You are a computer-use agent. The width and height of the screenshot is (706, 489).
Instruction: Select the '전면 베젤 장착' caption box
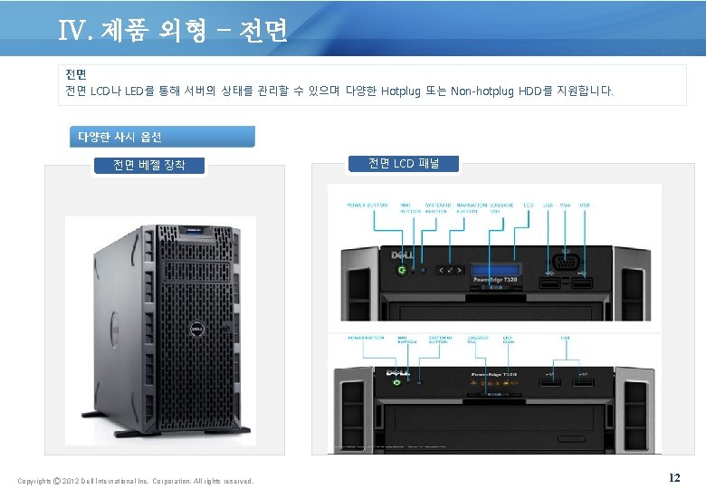[x=149, y=164]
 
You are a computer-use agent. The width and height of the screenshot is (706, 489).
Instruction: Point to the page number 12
[x=673, y=477]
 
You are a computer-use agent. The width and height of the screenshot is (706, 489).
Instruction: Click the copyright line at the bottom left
[x=136, y=481]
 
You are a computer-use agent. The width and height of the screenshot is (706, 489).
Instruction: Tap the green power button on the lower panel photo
[x=396, y=382]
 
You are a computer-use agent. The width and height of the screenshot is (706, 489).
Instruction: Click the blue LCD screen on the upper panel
[x=495, y=269]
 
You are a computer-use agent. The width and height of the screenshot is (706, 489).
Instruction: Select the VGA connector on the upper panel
[x=566, y=264]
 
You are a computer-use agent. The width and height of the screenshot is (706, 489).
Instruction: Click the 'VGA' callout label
[x=566, y=205]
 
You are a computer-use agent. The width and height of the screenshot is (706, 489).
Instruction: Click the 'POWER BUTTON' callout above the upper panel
[x=367, y=205]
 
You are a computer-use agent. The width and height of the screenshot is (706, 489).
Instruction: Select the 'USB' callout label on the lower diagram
[x=566, y=338]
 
